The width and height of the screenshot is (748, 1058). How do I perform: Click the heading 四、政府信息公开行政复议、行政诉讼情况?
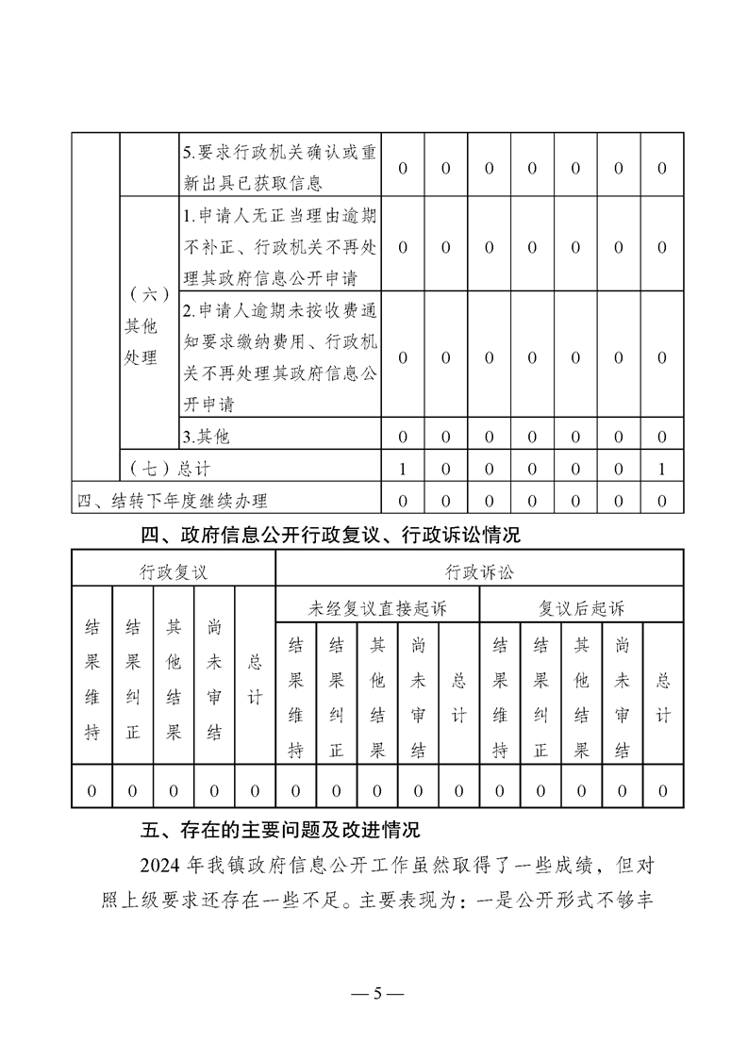click(330, 536)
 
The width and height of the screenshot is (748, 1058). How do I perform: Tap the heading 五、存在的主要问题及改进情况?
click(279, 831)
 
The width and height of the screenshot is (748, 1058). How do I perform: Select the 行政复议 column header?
click(173, 571)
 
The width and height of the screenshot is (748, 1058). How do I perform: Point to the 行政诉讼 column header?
click(479, 571)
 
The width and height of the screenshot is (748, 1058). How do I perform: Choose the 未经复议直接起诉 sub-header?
click(377, 608)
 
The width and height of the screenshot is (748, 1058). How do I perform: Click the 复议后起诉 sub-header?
click(581, 608)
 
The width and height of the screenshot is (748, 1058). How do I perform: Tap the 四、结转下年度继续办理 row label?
click(179, 501)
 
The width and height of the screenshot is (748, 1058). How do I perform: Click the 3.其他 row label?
click(206, 436)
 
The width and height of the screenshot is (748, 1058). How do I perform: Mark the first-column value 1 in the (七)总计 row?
click(403, 469)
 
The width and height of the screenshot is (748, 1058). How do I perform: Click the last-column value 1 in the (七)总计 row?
click(662, 469)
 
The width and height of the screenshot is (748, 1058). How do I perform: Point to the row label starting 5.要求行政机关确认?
click(278, 168)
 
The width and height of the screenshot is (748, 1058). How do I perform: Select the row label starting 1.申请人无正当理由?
click(278, 247)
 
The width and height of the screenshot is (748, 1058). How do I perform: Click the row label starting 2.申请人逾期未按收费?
click(278, 357)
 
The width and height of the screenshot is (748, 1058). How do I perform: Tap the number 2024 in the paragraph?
click(156, 864)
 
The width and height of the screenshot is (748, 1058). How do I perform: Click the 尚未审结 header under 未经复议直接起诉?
click(418, 698)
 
